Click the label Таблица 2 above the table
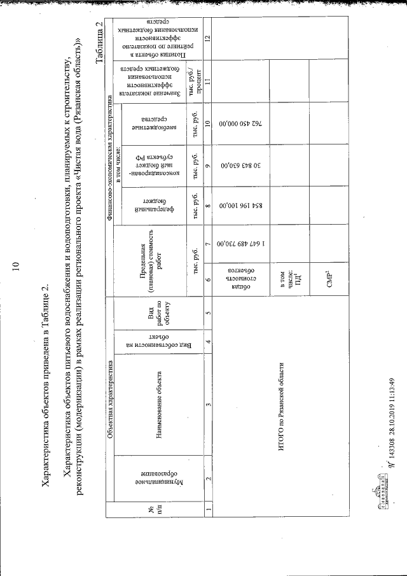(100, 43)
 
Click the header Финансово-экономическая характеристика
(110, 151)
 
